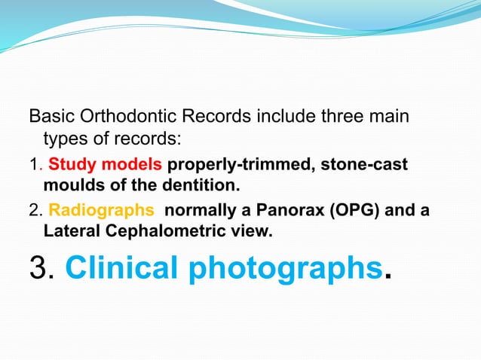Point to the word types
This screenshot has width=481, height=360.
[64, 139]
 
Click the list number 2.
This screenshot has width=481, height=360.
[33, 211]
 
